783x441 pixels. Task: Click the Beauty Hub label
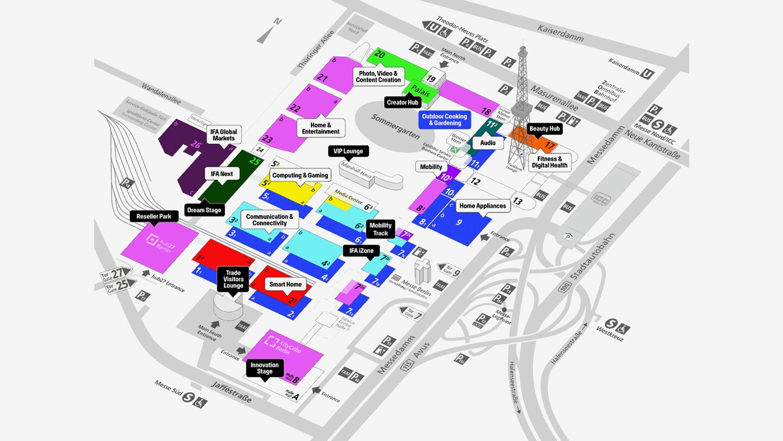coord(544,128)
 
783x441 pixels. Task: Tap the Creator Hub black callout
coord(403,102)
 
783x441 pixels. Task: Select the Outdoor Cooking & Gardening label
coord(445,120)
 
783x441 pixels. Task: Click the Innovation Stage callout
coord(265,369)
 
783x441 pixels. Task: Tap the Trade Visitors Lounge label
coord(233,279)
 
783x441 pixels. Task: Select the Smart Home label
coord(285,284)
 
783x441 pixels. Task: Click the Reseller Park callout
coord(154,217)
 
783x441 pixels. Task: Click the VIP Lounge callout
coord(349,151)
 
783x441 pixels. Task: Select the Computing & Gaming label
coord(300,175)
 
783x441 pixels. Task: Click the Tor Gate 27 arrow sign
coord(116,274)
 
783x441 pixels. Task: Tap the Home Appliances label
coord(483,205)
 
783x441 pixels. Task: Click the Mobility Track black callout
coord(381,229)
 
